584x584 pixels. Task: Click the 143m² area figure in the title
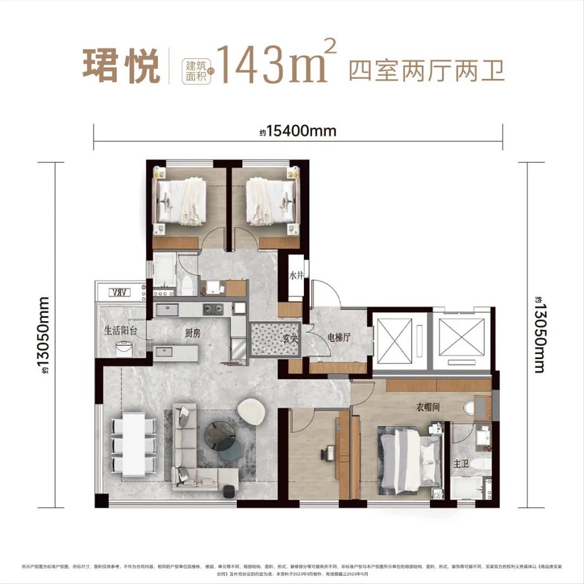click(x=276, y=65)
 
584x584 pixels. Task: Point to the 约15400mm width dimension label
click(x=298, y=132)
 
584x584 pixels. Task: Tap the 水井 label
click(x=295, y=276)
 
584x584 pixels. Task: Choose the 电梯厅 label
click(x=339, y=337)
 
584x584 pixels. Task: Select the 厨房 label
click(x=192, y=333)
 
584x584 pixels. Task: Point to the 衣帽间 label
click(x=428, y=408)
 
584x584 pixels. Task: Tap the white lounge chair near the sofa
click(x=252, y=411)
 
